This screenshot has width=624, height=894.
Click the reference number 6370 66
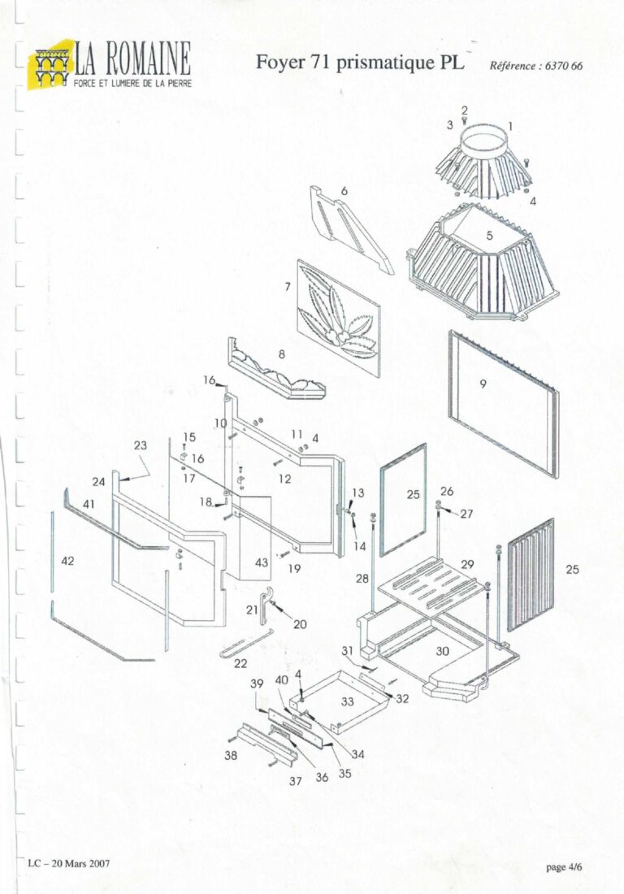[536, 67]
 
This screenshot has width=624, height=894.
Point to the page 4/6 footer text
[565, 867]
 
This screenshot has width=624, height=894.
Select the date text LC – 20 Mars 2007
[69, 863]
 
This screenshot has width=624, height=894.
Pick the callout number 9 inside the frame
[483, 384]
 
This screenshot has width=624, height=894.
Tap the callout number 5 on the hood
[490, 235]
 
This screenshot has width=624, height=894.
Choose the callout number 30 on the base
[443, 651]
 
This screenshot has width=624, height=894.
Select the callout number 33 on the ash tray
[348, 701]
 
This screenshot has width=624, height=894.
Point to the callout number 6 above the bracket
[344, 190]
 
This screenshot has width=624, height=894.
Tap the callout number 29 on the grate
[467, 563]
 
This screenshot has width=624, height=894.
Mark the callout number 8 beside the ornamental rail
[282, 354]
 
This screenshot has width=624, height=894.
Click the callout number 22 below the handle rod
[240, 664]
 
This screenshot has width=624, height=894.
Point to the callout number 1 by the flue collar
[510, 125]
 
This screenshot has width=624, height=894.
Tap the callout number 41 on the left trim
[89, 504]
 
